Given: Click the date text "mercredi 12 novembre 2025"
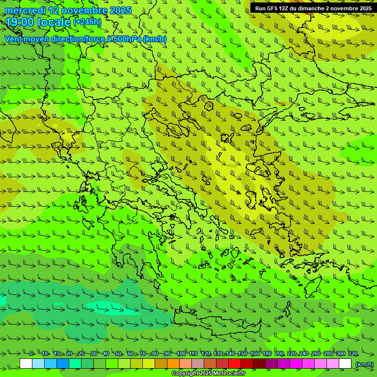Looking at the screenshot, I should tap(68, 10).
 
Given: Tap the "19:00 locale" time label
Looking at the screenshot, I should tap(38, 22).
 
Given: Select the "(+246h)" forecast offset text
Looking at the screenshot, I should tap(87, 22).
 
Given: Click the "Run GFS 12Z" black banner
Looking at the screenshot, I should tap(313, 8).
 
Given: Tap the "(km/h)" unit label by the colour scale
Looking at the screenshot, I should tap(364, 364).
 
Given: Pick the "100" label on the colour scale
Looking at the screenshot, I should tap(181, 354).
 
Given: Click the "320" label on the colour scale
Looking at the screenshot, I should tap(353, 354).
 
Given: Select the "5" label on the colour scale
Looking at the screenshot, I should tap(31, 354).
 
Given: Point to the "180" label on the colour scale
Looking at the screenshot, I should tap(267, 354).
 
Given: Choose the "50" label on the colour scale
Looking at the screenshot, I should tap(118, 354).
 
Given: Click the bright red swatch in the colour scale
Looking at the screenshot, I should tap(235, 364).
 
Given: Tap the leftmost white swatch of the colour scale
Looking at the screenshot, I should tap(26, 364).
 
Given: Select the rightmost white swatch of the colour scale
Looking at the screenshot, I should tap(345, 364).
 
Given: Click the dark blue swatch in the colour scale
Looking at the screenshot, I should tap(63, 364).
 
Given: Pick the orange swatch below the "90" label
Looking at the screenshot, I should tap(173, 364).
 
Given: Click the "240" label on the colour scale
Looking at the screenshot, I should tap(304, 354).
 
